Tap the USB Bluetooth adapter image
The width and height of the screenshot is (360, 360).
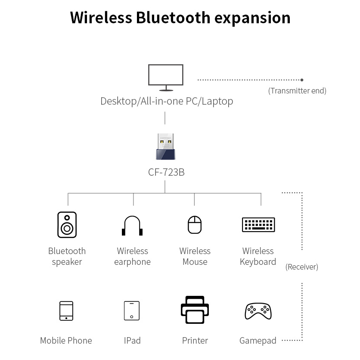point(165,146)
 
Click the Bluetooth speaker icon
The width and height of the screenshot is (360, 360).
point(67,225)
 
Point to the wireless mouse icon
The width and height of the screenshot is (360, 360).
point(195,225)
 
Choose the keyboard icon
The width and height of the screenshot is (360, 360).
point(258,224)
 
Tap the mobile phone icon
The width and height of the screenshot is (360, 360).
point(66,310)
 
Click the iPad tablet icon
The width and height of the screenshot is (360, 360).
point(132,310)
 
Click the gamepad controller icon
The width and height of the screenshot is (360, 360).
point(258,311)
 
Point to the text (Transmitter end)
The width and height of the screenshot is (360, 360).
point(297,91)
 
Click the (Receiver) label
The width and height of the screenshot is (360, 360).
point(302,267)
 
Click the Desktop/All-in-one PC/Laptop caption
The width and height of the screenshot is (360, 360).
point(167,101)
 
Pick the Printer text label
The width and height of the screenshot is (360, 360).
point(195,341)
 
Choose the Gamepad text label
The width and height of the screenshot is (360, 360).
point(258,341)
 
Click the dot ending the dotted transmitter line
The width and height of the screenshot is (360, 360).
point(302,80)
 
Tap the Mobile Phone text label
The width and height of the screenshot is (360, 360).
point(66,341)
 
